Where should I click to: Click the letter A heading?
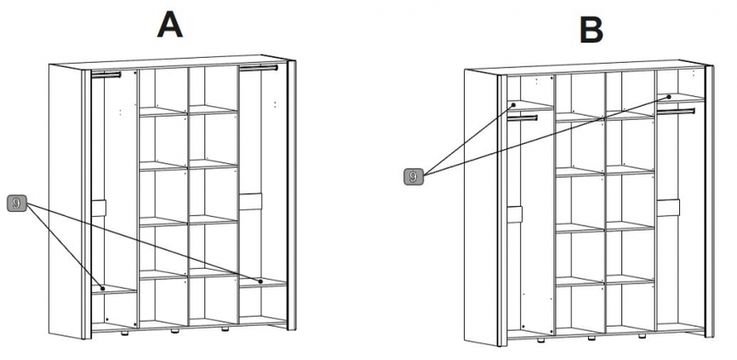point(169,25)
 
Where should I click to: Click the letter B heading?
point(591,31)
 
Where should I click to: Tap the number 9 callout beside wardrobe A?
point(17,204)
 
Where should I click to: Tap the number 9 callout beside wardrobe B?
point(413,177)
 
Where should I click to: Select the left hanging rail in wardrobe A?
point(106,74)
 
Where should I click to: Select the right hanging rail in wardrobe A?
point(259,68)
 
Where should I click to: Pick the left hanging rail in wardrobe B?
point(523,118)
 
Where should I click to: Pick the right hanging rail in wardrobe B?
point(676,111)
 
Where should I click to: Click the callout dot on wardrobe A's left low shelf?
point(102,289)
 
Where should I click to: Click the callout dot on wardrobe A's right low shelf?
point(260,281)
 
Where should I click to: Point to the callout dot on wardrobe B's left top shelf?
point(514,105)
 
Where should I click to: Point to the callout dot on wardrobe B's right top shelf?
point(668,96)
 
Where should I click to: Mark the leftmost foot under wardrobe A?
point(124,333)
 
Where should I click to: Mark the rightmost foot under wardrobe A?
point(226,329)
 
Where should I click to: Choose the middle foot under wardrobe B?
point(591,338)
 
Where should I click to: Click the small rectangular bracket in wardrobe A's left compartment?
point(99,209)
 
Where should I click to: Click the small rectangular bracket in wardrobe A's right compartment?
point(250,202)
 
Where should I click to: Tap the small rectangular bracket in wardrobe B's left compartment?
point(515,214)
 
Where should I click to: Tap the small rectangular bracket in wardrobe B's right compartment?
point(668,208)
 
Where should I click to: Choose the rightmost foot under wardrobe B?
point(641,336)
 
